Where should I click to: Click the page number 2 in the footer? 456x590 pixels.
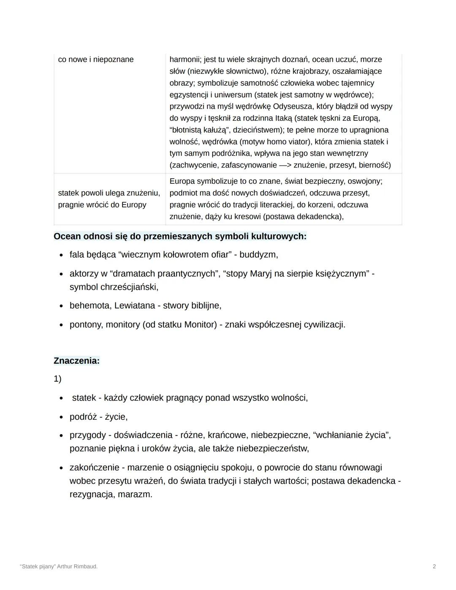pos(434,566)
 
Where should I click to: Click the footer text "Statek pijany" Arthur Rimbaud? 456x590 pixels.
pos(59,566)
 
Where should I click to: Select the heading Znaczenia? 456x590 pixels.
pos(76,361)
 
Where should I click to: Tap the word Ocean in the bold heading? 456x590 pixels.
pos(67,236)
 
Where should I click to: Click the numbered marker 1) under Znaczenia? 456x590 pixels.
pos(57,379)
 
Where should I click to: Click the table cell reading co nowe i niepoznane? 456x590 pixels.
pos(96,60)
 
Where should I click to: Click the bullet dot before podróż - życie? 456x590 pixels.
pos(61,417)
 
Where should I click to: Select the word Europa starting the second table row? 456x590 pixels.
pos(182,181)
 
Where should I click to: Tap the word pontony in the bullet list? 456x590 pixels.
pos(85,324)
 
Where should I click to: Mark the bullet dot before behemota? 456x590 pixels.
pos(61,306)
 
